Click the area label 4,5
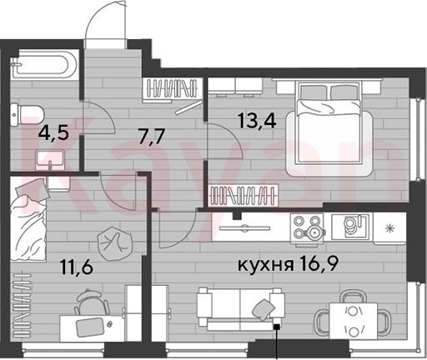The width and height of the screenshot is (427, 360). click(x=53, y=133)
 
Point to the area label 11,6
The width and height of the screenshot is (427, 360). click(x=77, y=267)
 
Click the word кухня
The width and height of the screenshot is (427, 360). click(x=266, y=265)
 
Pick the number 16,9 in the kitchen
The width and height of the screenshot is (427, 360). click(x=319, y=264)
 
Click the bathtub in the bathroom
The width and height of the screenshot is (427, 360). click(x=43, y=65)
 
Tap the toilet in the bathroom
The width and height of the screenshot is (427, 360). click(x=27, y=115)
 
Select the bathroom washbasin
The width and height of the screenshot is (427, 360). click(x=50, y=159)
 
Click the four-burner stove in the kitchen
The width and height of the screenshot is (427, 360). click(x=308, y=228)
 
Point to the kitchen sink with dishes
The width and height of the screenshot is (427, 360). click(x=352, y=227)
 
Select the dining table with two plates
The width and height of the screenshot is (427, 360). click(x=353, y=321)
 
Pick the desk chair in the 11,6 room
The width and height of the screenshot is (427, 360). click(x=92, y=303)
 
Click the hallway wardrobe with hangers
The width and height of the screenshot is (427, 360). click(x=172, y=91)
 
